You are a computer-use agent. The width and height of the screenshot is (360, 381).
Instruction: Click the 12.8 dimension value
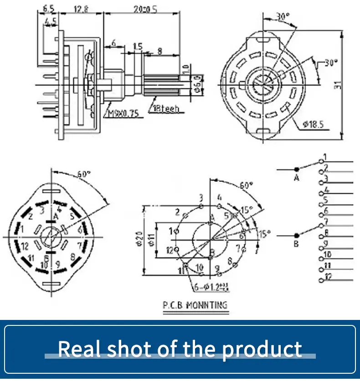(80, 8)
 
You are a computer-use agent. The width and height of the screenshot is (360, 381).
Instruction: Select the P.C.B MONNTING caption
(195, 305)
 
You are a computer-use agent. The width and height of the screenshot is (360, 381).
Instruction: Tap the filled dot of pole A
(297, 169)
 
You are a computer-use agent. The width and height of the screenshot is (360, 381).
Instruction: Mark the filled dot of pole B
(297, 235)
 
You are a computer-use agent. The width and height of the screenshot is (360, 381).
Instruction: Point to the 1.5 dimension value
(138, 46)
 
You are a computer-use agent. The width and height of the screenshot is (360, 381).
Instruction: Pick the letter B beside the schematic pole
(296, 245)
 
